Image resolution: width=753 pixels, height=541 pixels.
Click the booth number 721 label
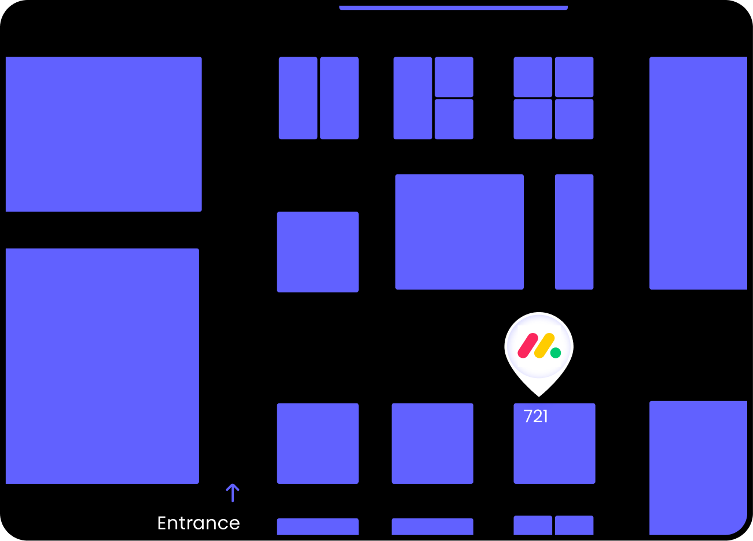coord(535,416)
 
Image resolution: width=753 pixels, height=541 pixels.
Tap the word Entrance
coord(199,523)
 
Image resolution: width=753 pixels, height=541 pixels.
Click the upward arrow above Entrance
coord(232,493)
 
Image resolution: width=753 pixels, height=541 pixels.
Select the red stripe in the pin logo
coord(528,345)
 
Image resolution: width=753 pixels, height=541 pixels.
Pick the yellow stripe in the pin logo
coord(544,345)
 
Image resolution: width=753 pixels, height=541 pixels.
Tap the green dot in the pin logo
coord(556,353)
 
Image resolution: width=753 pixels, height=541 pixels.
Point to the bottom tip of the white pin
coord(539,395)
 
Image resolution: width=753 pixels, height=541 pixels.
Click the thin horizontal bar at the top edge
coord(453,8)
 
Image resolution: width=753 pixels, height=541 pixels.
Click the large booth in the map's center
coord(459,231)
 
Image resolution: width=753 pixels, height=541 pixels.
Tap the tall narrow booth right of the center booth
coord(574,231)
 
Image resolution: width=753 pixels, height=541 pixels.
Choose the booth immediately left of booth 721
coord(432,443)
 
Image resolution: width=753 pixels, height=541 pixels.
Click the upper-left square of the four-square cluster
coord(532,77)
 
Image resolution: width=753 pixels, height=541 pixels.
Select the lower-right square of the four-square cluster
coord(574,119)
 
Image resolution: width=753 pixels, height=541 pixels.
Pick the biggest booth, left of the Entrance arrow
coord(102,366)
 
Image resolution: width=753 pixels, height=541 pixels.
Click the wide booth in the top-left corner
coord(104,134)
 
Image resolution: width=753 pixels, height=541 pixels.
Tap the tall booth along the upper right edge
coord(698,173)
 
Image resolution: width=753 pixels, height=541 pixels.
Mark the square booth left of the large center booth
coord(318,252)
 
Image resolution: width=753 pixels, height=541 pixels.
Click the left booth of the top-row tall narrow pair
coord(298,98)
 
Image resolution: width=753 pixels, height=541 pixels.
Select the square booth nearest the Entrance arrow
coord(318,443)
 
